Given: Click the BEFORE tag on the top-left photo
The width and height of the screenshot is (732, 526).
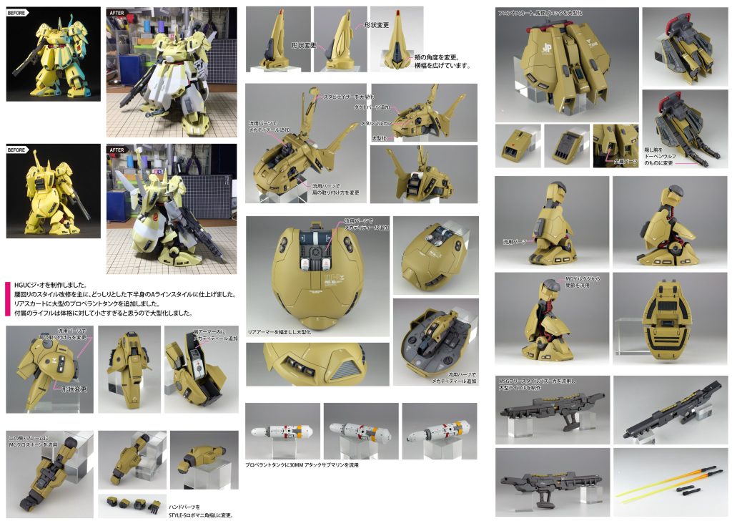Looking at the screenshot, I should point(18,11).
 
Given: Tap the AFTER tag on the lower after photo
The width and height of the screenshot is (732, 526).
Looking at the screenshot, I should point(117,150).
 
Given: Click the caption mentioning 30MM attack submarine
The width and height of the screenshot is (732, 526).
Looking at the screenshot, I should point(301,465).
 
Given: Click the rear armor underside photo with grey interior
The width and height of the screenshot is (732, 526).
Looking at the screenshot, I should point(435,341).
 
